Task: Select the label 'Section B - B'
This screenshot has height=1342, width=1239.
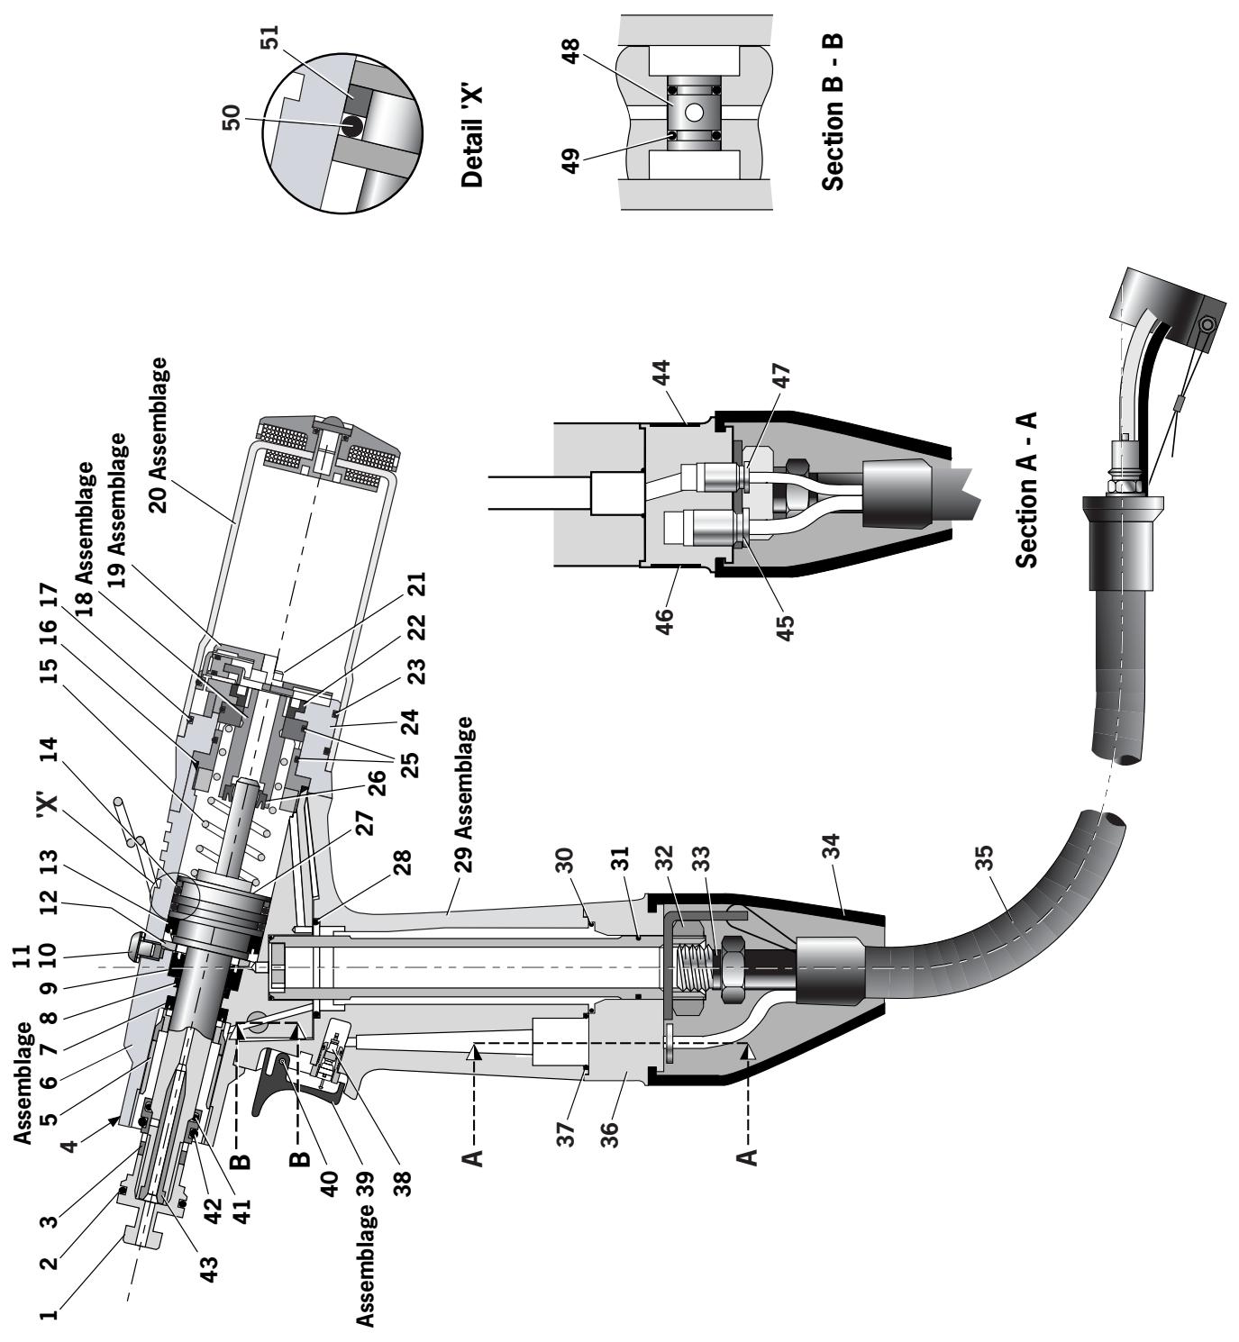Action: tap(835, 113)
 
